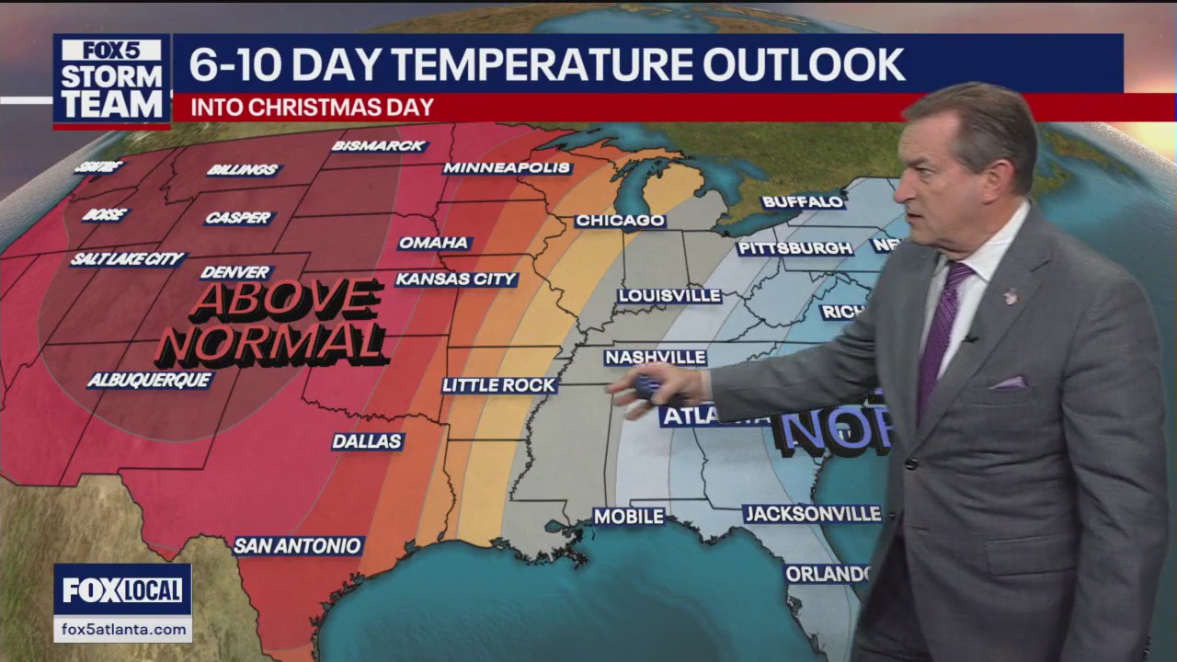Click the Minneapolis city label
pyautogui.click(x=507, y=168)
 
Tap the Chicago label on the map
pyautogui.click(x=620, y=221)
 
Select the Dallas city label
pyautogui.click(x=367, y=441)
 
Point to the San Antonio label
pyautogui.click(x=297, y=545)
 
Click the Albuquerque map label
pyautogui.click(x=150, y=380)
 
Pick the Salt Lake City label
pyautogui.click(x=128, y=259)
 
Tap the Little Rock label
pyautogui.click(x=499, y=385)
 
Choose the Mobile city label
pyautogui.click(x=629, y=517)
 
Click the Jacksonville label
pyautogui.click(x=812, y=514)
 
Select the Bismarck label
pyautogui.click(x=379, y=146)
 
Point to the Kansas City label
pyautogui.click(x=456, y=279)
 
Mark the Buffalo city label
pyautogui.click(x=803, y=201)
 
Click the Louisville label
pyautogui.click(x=668, y=296)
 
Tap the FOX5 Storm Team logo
pyautogui.click(x=111, y=81)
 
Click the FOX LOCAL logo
pyautogui.click(x=122, y=589)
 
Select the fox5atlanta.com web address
pyautogui.click(x=122, y=630)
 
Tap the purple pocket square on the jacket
pyautogui.click(x=1007, y=382)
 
